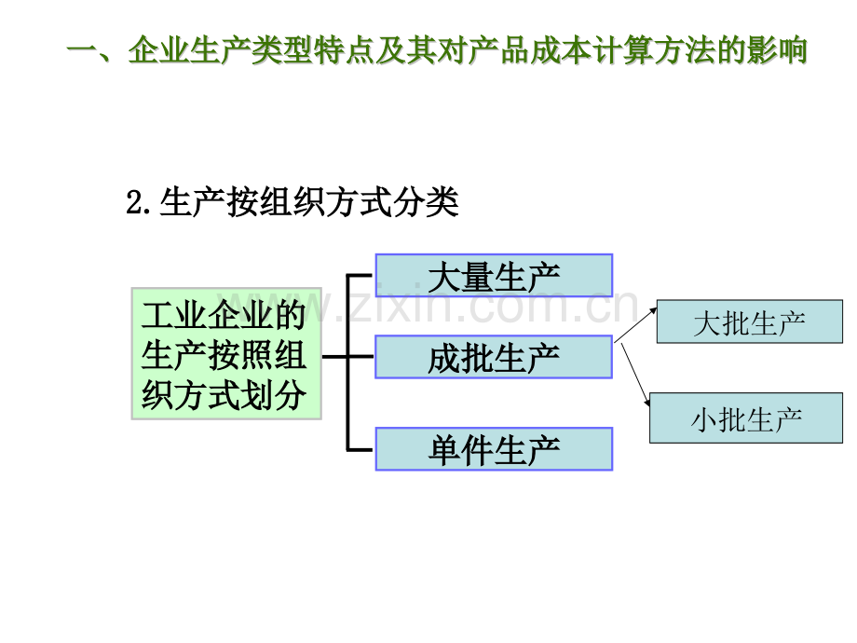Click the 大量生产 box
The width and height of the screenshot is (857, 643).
494,276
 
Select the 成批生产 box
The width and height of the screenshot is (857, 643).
494,357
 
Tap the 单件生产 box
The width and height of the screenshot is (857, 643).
494,449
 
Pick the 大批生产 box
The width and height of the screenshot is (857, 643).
749,321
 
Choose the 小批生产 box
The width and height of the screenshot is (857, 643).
746,417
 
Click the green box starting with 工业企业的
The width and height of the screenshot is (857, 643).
226,354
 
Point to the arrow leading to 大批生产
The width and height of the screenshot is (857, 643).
635,325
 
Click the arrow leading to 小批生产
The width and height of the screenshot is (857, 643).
635,375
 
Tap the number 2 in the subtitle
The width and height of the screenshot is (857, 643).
134,202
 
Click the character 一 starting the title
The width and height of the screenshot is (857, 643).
83,50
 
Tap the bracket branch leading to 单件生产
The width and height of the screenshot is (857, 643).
360,450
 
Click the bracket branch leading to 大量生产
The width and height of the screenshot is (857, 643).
360,276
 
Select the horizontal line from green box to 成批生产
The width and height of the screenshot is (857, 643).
348,357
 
